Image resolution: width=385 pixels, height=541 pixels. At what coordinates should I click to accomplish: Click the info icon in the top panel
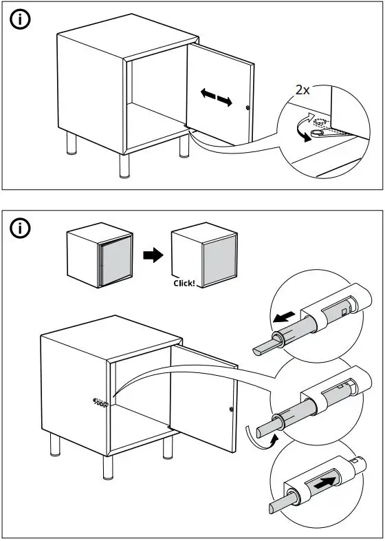coord(20,20)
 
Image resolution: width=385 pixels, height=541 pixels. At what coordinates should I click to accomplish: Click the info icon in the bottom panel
coord(20,228)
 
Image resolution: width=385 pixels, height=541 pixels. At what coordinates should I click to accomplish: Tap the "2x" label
coord(302,90)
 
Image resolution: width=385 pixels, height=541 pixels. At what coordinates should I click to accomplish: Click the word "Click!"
coord(184,284)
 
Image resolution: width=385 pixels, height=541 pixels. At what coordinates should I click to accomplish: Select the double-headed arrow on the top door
coord(217,97)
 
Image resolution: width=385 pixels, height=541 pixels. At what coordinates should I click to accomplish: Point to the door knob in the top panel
coord(248,108)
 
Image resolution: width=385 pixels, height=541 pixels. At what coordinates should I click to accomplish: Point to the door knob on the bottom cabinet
coord(231,410)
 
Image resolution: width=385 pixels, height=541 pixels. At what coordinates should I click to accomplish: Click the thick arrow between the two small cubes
coord(153,255)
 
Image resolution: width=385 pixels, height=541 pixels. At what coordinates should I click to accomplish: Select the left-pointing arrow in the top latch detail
coord(284,317)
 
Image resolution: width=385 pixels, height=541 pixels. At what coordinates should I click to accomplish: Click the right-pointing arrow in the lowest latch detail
coord(324,482)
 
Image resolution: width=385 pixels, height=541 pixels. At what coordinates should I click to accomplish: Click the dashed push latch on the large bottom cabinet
coord(100,402)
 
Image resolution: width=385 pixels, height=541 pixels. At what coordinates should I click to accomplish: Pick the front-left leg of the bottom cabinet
coord(108,467)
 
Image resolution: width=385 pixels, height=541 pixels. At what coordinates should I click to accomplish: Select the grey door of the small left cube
coord(116,260)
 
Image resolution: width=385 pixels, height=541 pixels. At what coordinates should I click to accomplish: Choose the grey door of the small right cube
coord(219,260)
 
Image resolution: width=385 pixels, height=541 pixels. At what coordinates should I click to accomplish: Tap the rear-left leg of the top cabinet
coord(71,143)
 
